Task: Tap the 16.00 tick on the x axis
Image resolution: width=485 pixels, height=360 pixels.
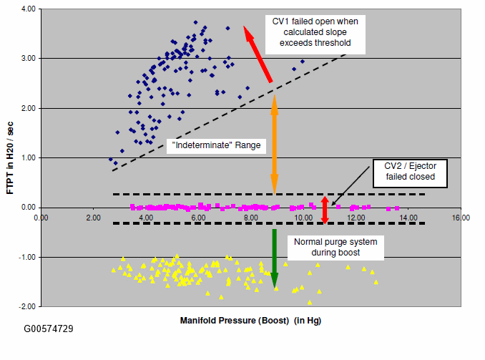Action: pyautogui.click(x=460, y=217)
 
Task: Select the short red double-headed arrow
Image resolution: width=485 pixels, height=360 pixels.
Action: pyautogui.click(x=325, y=210)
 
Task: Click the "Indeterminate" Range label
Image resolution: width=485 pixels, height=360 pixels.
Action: pyautogui.click(x=215, y=145)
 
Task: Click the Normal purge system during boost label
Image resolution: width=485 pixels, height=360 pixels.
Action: pyautogui.click(x=336, y=247)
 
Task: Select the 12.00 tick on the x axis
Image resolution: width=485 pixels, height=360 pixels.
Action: pyautogui.click(x=356, y=217)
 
